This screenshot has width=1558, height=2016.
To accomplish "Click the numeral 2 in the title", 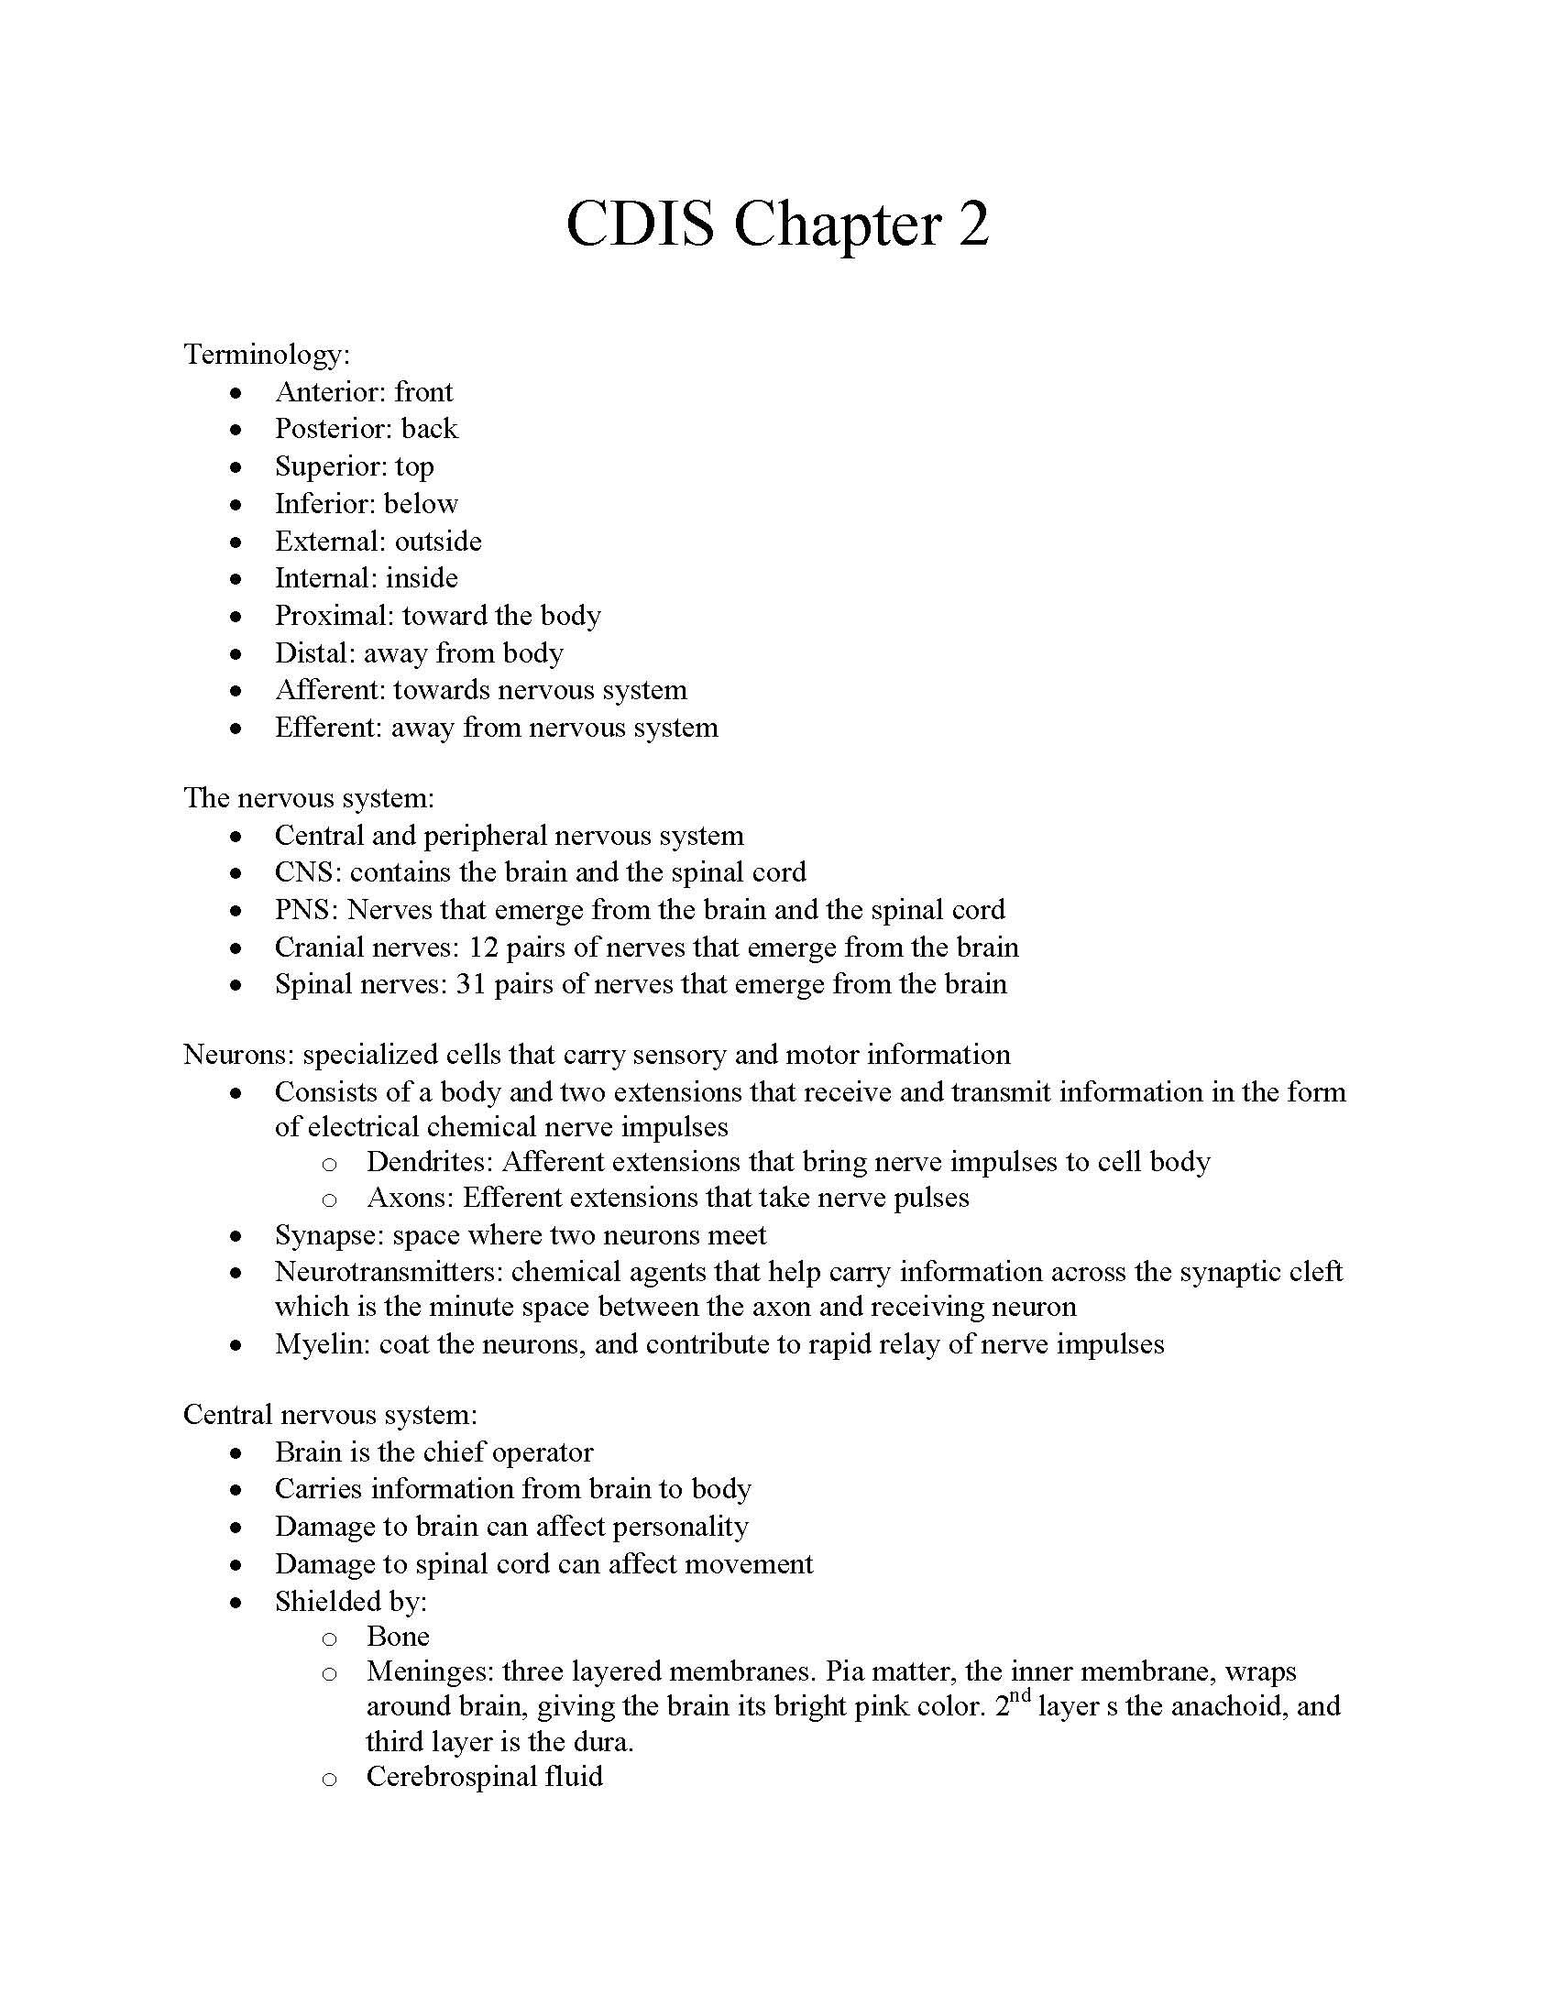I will [972, 225].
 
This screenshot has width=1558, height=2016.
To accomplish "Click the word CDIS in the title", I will [640, 225].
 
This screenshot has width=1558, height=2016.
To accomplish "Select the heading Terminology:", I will [267, 355].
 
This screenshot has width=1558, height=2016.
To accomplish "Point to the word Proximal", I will [334, 616].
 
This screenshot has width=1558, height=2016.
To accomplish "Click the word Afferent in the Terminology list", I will [330, 690].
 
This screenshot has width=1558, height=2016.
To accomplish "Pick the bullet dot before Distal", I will [237, 654].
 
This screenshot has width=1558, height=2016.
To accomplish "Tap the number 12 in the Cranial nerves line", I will [484, 948].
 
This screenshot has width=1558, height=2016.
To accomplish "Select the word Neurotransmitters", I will [387, 1272].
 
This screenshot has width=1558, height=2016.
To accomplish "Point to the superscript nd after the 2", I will [1018, 1694].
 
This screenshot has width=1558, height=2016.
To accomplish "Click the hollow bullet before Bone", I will [330, 1638].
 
